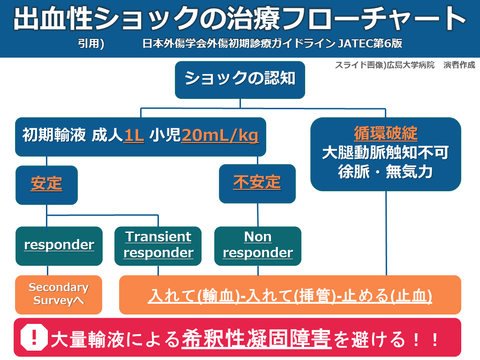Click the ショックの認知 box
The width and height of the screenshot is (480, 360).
point(240,78)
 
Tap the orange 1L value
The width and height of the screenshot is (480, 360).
point(134,135)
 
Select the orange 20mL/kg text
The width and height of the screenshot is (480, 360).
point(220,135)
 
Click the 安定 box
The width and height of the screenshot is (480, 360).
point(46,184)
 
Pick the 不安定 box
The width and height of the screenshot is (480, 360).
point(257,182)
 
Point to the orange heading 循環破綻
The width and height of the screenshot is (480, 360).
point(385,134)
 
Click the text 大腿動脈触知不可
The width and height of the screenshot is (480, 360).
point(385,153)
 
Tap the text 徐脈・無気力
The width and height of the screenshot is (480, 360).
point(385,172)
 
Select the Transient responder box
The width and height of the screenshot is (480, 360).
point(158,245)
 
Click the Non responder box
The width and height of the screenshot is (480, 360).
point(258,245)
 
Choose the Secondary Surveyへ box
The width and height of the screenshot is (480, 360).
point(59,294)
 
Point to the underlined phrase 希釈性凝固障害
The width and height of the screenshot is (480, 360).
point(256,338)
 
